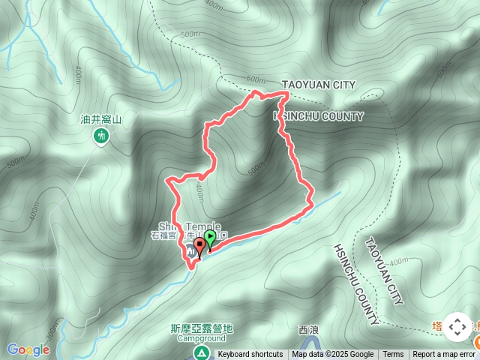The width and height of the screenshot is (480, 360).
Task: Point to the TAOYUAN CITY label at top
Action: pyautogui.click(x=318, y=85)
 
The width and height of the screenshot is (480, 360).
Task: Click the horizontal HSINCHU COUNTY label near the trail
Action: pyautogui.click(x=318, y=116)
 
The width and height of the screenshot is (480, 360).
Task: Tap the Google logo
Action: pyautogui.click(x=28, y=349)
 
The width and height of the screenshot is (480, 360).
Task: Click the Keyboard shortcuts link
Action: pyautogui.click(x=250, y=355)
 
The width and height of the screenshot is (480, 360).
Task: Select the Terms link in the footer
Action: pyautogui.click(x=393, y=355)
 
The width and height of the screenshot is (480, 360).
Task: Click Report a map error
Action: pyautogui.click(x=444, y=355)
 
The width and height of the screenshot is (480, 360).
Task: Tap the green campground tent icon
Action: pyautogui.click(x=201, y=351)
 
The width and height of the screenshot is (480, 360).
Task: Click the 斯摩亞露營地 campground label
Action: pyautogui.click(x=202, y=328)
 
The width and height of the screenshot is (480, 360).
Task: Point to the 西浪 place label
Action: pyautogui.click(x=308, y=330)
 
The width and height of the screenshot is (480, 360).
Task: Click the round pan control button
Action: pyautogui.click(x=457, y=328)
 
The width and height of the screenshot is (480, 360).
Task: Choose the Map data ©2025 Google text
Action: pyautogui.click(x=333, y=355)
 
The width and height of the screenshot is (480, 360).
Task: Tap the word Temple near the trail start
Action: pyautogui.click(x=203, y=226)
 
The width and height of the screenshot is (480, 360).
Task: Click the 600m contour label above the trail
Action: pyautogui.click(x=256, y=80)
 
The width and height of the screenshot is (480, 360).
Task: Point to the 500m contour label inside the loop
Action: pyautogui.click(x=255, y=169)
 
